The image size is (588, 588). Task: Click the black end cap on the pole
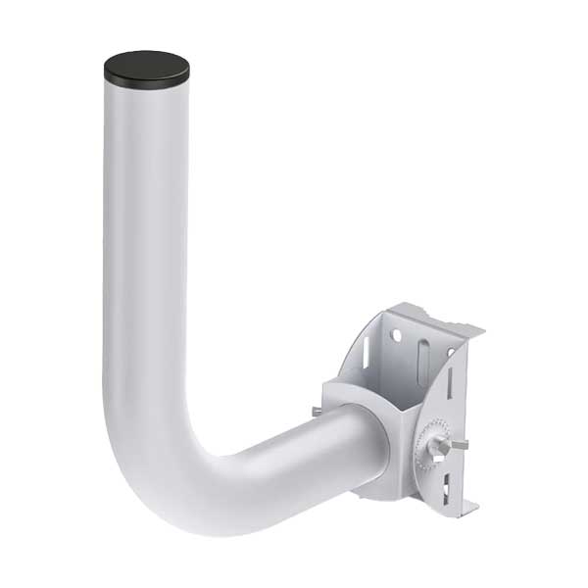click(145, 69)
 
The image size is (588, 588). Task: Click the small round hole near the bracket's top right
click(452, 351)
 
